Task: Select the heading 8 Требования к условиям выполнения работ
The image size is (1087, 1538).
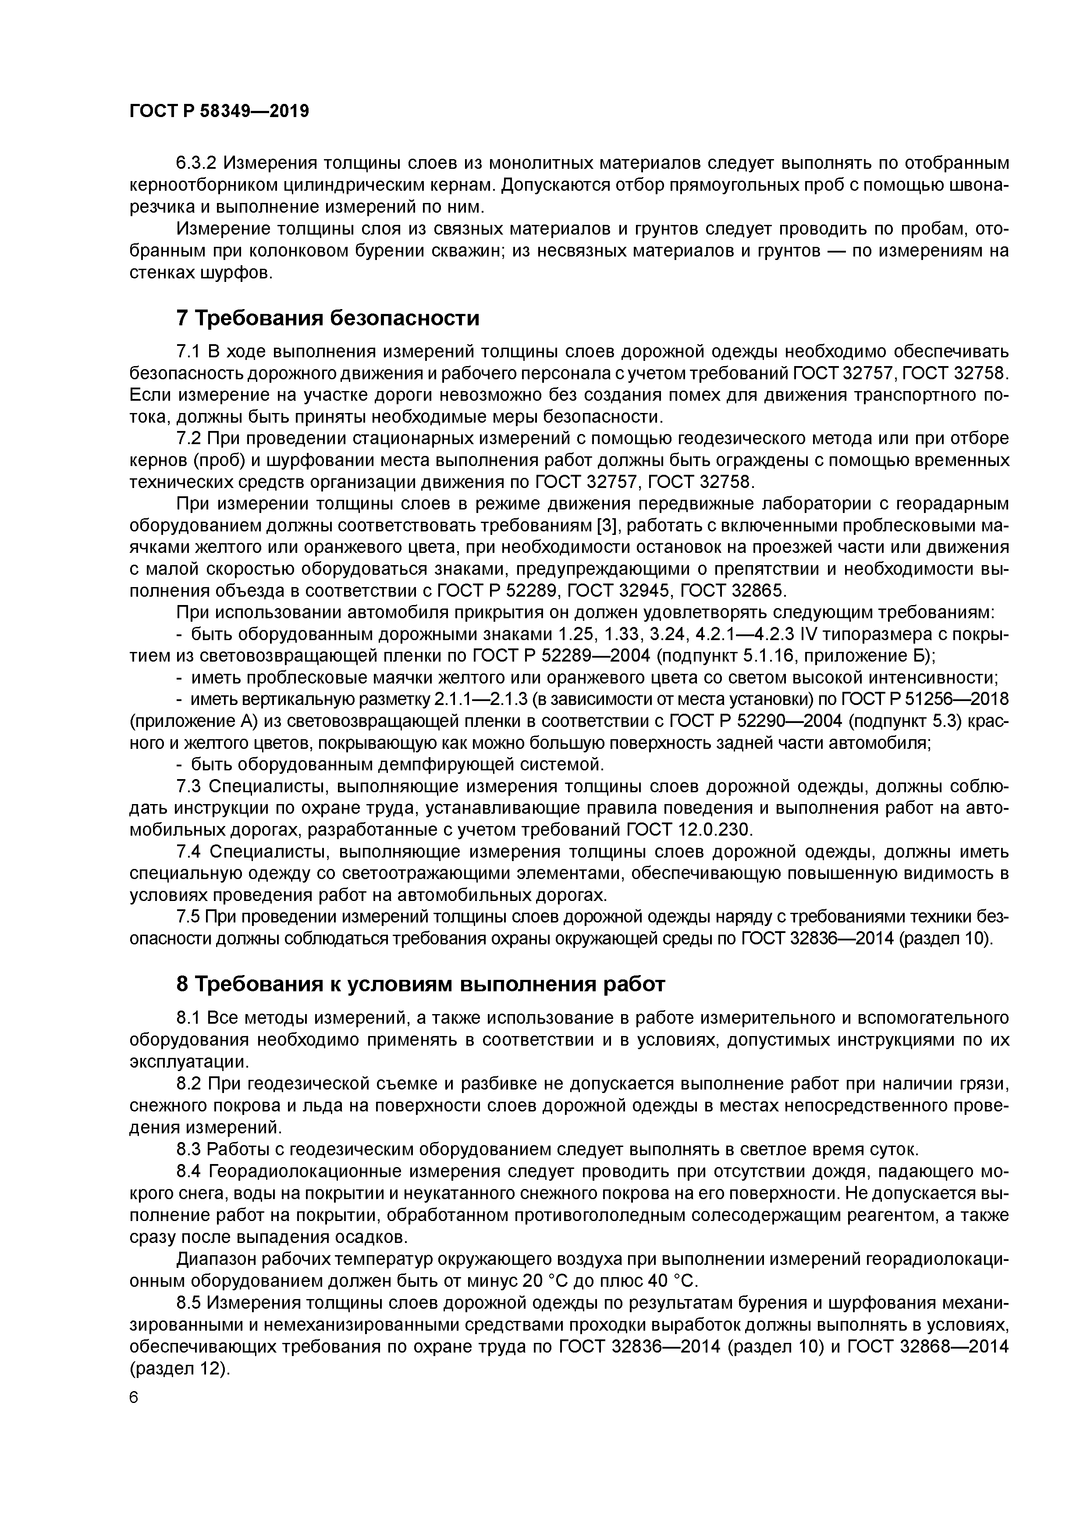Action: [x=421, y=983]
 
